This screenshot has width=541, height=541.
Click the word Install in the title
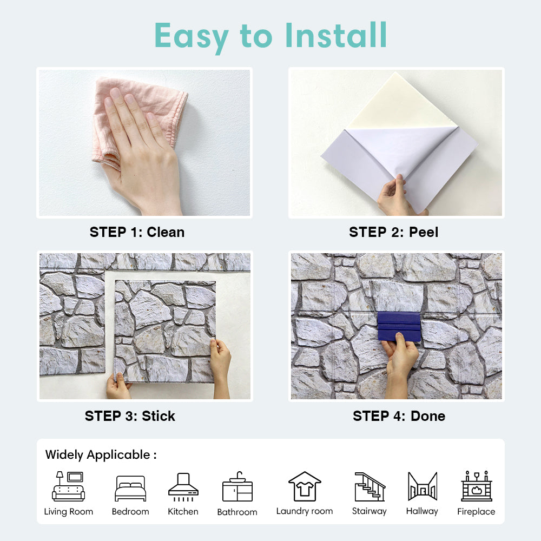[x=336, y=35]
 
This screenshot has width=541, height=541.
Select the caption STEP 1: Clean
[x=137, y=232]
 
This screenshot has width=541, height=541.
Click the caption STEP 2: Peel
[x=394, y=232]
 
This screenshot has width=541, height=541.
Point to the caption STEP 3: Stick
[x=130, y=416]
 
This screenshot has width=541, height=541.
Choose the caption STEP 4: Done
[x=399, y=416]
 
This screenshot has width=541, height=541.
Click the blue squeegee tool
[x=399, y=326]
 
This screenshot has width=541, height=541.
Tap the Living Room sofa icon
[x=68, y=486]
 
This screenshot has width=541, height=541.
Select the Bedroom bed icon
[x=130, y=488]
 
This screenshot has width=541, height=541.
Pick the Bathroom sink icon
[x=237, y=486]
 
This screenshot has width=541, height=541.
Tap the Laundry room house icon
[x=305, y=486]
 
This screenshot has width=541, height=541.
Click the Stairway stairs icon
[x=370, y=486]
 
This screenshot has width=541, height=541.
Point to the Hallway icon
[x=423, y=486]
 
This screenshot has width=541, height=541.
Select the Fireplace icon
[x=477, y=486]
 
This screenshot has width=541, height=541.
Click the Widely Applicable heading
[x=101, y=455]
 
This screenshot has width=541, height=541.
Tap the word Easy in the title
[x=192, y=37]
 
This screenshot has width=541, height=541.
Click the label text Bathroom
[x=237, y=512]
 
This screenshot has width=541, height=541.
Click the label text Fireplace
[x=476, y=512]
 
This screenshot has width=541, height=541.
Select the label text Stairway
[x=369, y=511]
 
